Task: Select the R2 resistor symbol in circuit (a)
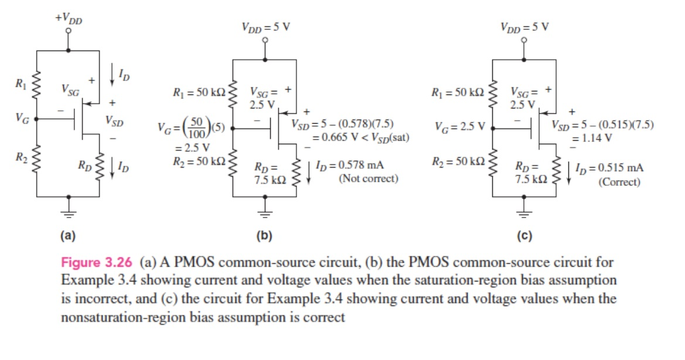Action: (36, 159)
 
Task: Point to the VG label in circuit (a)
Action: (21, 118)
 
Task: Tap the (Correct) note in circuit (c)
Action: (619, 182)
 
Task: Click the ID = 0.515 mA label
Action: (609, 168)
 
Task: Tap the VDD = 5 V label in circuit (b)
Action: (265, 27)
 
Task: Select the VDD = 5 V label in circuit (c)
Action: (524, 27)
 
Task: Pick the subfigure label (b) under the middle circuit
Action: (265, 236)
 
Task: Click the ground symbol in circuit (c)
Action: (524, 207)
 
